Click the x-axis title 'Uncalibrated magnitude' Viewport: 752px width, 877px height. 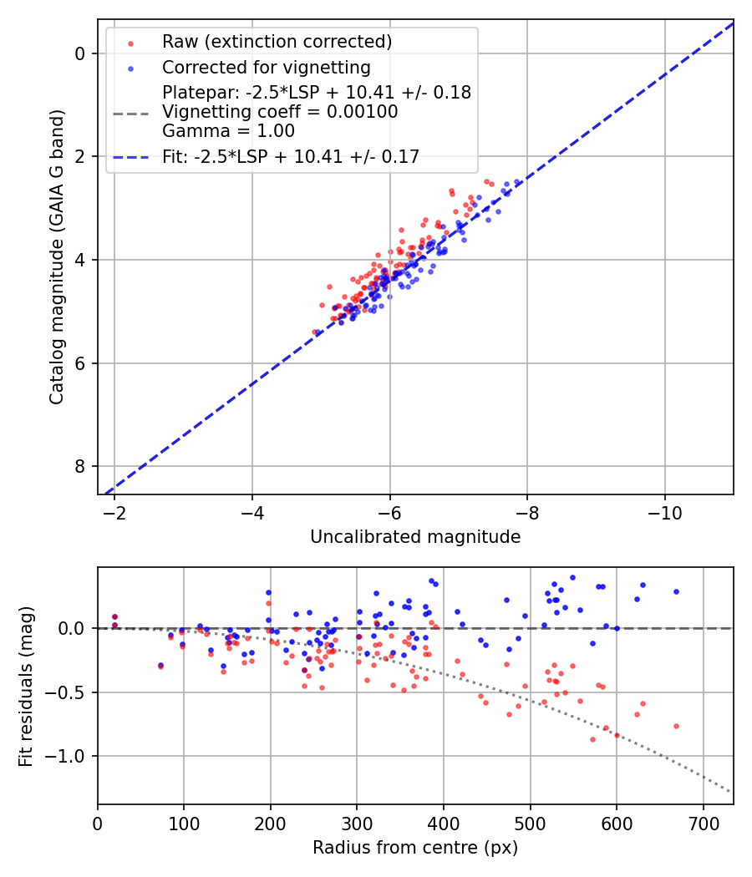coord(415,537)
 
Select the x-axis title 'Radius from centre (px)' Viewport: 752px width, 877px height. coord(415,848)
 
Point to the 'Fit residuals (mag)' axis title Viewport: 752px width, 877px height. coord(26,686)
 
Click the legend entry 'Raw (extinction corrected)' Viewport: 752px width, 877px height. coord(277,42)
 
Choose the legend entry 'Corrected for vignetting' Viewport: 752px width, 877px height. coord(266,67)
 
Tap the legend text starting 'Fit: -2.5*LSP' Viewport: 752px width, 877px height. coord(291,155)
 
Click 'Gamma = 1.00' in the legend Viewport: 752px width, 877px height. coord(216,130)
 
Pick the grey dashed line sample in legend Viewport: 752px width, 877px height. coord(130,112)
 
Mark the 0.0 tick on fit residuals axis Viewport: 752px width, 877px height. coord(74,628)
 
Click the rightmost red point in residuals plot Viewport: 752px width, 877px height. coord(676,726)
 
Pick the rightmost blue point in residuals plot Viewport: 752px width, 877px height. coord(676,591)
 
